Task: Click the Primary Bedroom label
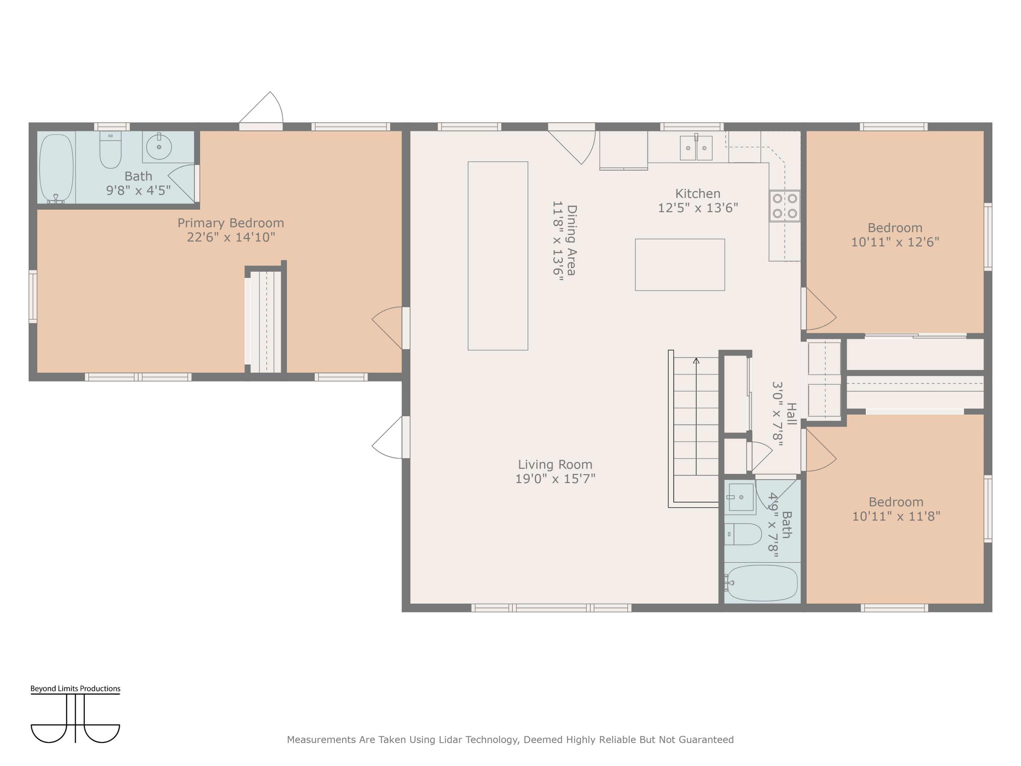pos(231,223)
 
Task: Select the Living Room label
pos(555,464)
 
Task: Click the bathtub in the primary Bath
pos(56,169)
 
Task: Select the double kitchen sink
pos(696,148)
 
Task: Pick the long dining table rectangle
pos(498,256)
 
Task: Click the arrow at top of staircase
pos(696,361)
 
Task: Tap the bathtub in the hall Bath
pos(762,583)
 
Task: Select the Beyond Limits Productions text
pos(75,688)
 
